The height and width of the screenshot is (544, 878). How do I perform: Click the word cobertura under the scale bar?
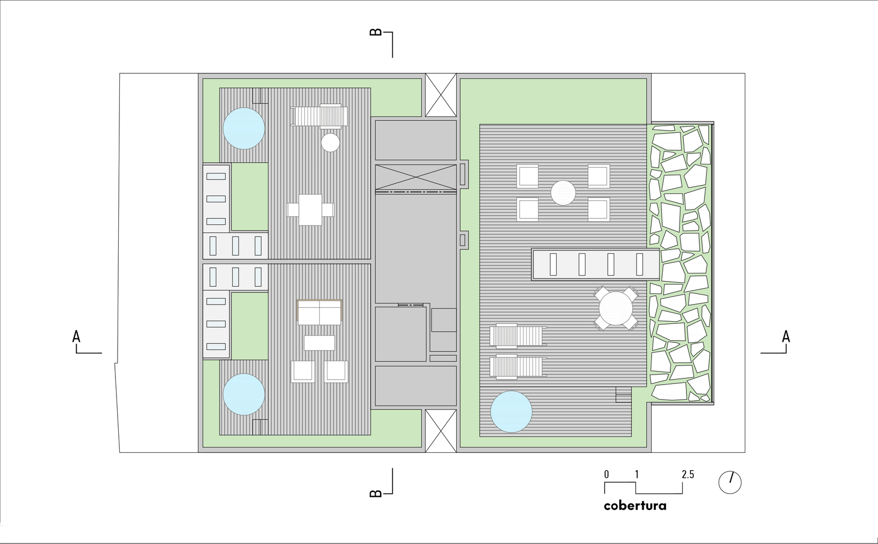(x=635, y=506)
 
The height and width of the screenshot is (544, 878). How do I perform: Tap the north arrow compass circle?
(x=730, y=482)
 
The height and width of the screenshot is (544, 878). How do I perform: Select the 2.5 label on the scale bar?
(x=688, y=475)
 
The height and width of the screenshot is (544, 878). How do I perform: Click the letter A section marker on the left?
(x=76, y=337)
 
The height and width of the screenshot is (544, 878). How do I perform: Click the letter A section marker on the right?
(x=786, y=337)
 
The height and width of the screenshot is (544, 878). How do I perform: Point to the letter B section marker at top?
(x=376, y=32)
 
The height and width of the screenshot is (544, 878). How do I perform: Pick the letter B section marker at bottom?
(x=376, y=493)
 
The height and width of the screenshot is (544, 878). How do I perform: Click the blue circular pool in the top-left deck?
(x=244, y=128)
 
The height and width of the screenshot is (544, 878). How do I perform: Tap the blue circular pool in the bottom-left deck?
(x=244, y=394)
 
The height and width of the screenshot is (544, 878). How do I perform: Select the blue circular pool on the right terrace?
(x=511, y=412)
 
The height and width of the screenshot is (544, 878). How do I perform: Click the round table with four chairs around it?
(x=616, y=308)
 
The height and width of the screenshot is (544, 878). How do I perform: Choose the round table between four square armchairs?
(x=563, y=193)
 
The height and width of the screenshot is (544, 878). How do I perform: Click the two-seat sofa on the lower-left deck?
(x=320, y=312)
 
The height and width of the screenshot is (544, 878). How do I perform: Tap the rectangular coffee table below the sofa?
(x=320, y=343)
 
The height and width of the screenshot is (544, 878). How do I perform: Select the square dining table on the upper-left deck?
(x=310, y=209)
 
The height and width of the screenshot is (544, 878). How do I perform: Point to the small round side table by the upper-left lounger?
(x=330, y=142)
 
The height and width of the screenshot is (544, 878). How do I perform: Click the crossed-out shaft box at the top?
(x=441, y=95)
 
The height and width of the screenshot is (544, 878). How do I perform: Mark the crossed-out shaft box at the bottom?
(x=441, y=431)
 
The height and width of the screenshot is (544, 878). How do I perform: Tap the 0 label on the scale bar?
(x=607, y=475)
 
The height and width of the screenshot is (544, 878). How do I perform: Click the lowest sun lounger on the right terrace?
(x=518, y=367)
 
